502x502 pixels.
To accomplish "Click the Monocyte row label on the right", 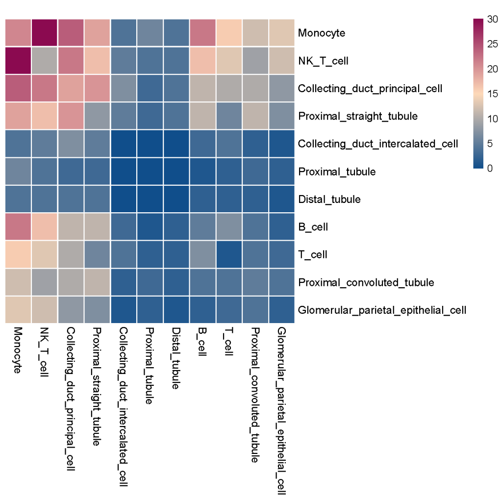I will (322, 33).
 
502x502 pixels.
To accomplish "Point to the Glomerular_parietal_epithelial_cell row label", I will (382, 310).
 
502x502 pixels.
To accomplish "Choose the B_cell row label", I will (313, 227).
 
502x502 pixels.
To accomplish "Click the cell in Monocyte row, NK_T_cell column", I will (45, 33).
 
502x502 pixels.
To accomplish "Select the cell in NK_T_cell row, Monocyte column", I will (19, 61).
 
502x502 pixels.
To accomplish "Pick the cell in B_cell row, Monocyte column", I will (19, 227).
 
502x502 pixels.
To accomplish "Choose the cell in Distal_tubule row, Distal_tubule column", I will (176, 199).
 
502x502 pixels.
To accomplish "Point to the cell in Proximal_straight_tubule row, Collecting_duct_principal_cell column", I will (72, 116).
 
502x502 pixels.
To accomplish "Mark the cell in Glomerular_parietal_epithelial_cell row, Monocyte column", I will (19, 310).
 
